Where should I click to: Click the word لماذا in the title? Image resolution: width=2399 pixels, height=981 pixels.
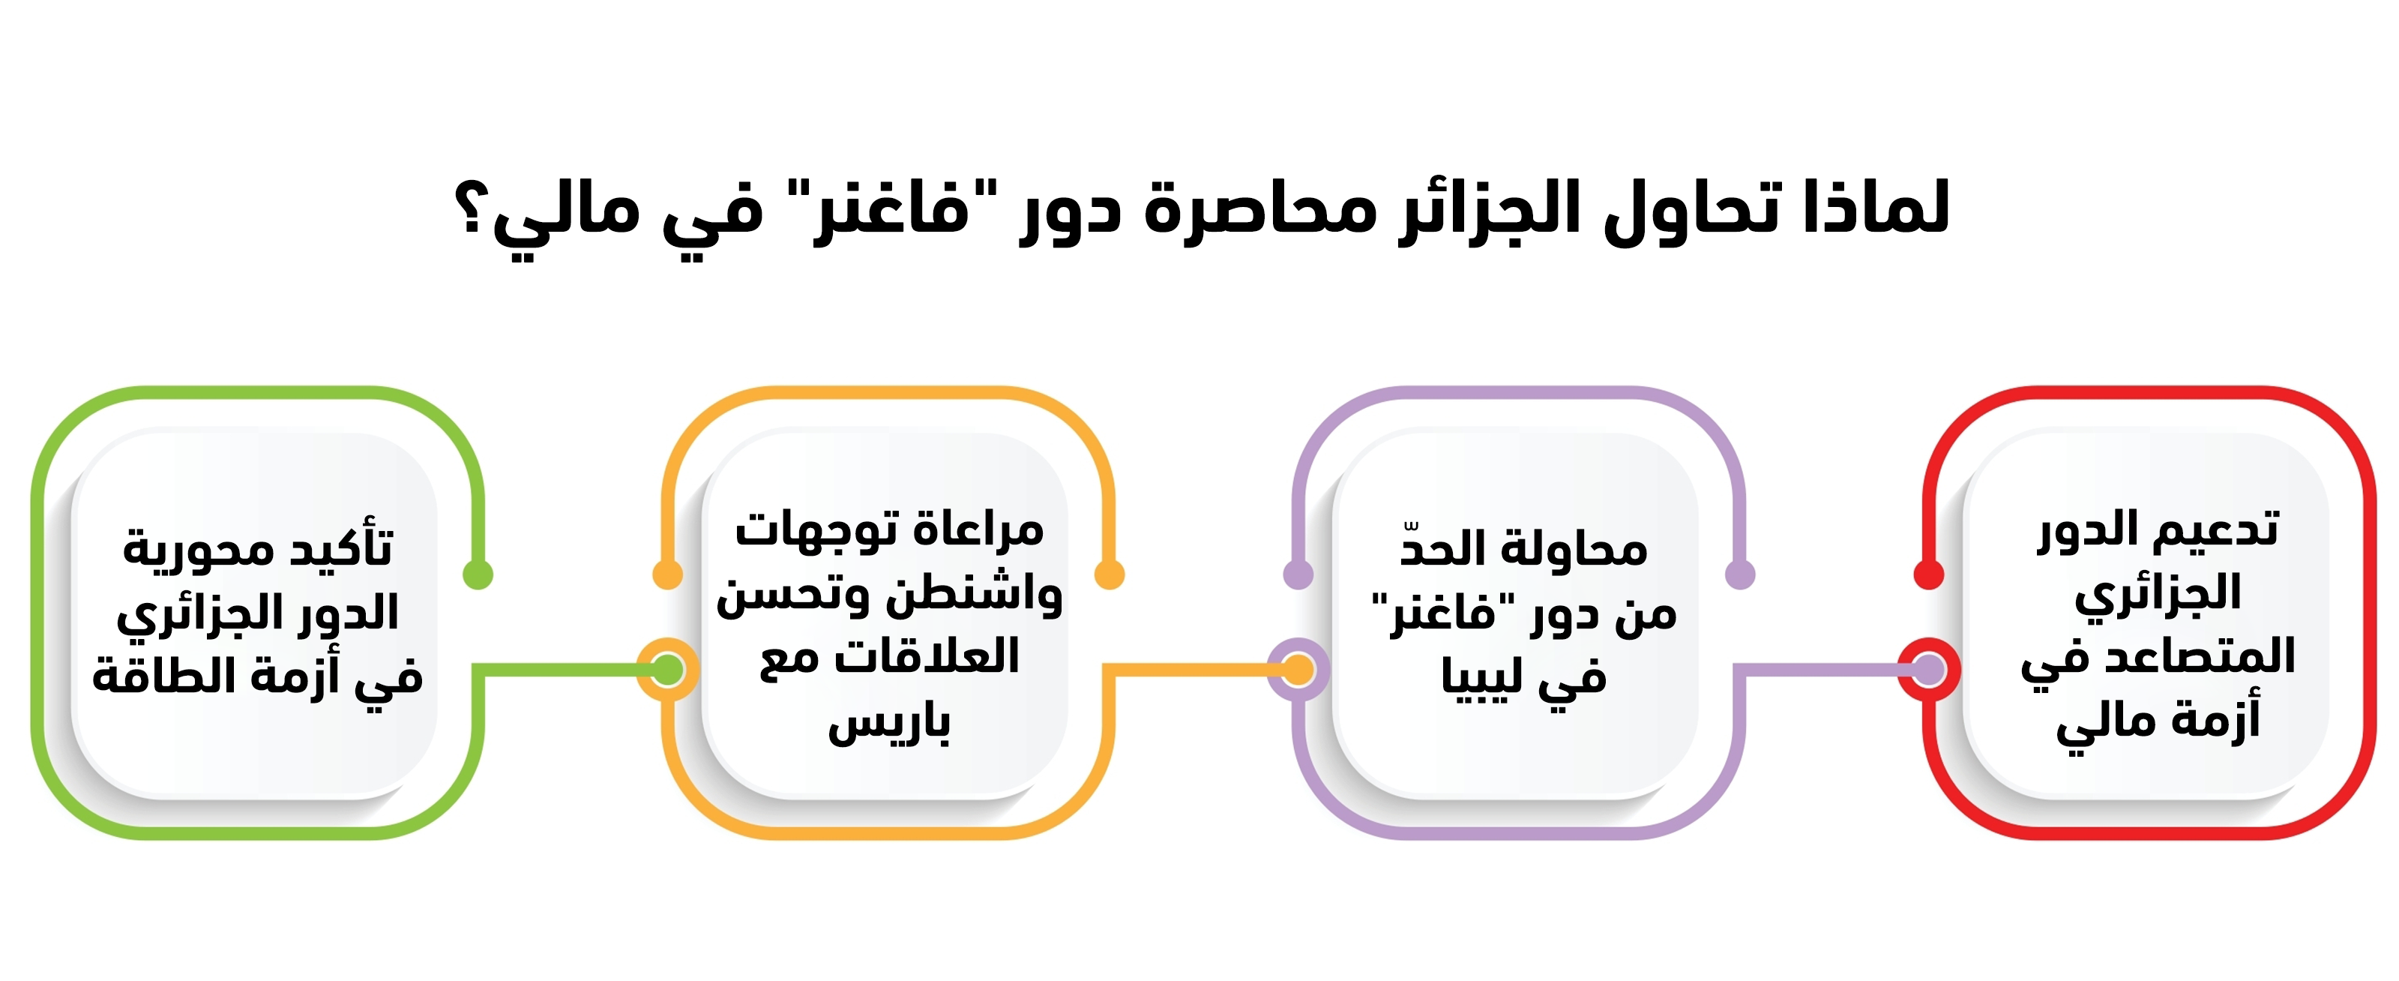(1876, 206)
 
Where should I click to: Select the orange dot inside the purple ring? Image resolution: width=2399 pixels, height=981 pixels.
(1297, 670)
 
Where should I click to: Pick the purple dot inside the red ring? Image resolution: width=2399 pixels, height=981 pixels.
(1929, 670)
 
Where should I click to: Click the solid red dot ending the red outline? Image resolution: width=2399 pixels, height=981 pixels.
(1929, 574)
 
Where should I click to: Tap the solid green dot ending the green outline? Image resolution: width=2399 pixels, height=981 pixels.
(478, 574)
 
